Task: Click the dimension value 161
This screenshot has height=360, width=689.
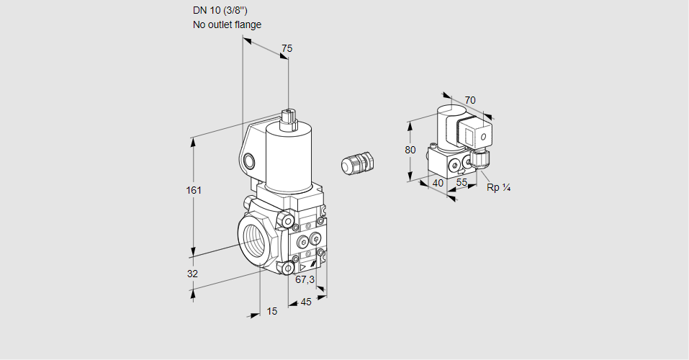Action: point(194,190)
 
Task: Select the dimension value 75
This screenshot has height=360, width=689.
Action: point(287,48)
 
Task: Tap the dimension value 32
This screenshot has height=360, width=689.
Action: point(192,274)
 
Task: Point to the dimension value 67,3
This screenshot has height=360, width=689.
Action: point(305,279)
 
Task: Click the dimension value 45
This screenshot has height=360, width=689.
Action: point(306,302)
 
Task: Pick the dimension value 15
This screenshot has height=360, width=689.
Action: point(271,311)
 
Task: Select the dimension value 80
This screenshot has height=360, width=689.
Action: point(410,150)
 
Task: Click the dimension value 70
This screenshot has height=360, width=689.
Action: point(470,100)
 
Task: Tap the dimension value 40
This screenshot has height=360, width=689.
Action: point(438,183)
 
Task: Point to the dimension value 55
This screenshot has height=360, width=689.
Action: point(462,183)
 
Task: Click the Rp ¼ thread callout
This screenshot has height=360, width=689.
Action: point(498,188)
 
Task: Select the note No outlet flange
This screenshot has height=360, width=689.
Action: point(227,24)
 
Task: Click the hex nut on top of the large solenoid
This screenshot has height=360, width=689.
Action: point(289,116)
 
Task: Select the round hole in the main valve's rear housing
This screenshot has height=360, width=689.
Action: point(249,160)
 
